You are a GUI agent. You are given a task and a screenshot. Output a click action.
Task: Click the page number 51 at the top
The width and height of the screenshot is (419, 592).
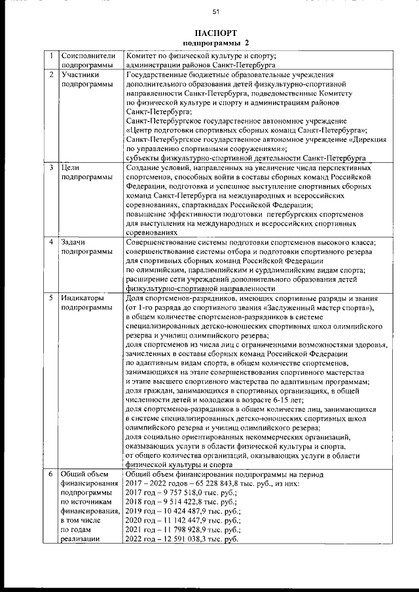click(215, 11)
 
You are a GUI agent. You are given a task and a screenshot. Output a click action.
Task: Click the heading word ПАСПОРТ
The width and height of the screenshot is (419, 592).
click(215, 33)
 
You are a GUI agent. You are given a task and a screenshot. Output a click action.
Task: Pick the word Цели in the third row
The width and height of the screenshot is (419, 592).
click(70, 168)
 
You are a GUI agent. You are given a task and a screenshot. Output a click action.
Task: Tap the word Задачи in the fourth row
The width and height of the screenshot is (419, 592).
click(75, 242)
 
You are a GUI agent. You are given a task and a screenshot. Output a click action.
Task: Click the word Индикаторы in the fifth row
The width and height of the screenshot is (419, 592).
click(83, 298)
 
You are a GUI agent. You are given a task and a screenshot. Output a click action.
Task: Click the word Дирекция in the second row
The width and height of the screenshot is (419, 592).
click(369, 139)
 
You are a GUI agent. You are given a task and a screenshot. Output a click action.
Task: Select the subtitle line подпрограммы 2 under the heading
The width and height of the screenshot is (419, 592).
click(215, 43)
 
